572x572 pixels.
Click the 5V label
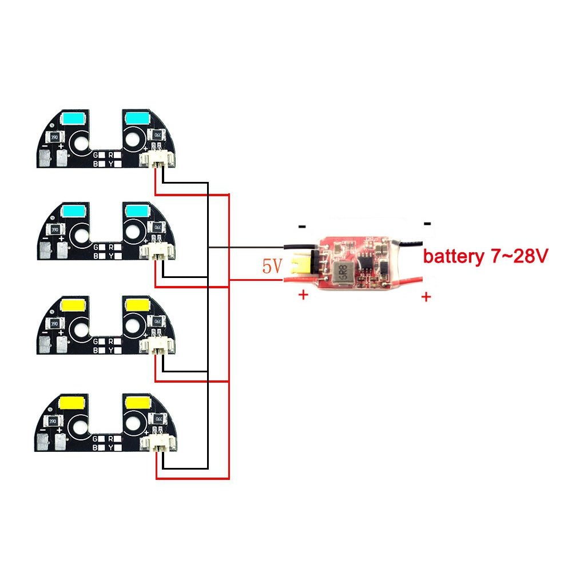point(272,265)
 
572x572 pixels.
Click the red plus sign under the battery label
point(426,297)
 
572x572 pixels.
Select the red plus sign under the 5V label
point(303,296)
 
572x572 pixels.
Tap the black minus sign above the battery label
point(427,224)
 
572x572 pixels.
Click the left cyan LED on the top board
point(73,118)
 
